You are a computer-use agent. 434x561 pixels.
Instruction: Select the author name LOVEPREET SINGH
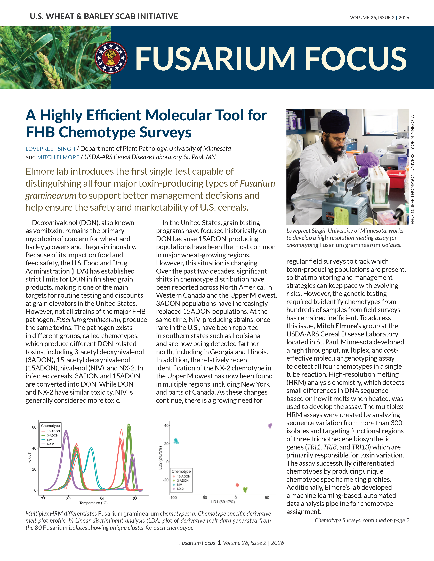tap(50, 149)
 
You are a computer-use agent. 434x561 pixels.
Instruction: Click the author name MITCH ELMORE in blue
tap(58, 157)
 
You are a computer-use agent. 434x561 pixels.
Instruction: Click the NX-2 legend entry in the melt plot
tap(50, 444)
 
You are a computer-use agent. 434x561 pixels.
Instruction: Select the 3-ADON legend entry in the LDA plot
tap(183, 481)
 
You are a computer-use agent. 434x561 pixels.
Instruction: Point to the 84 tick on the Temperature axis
tap(102, 499)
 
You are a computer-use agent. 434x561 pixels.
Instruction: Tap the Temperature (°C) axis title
tap(94, 503)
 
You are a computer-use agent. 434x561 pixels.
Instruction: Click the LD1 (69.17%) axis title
tap(223, 502)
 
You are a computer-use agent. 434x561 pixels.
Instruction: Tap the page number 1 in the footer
tap(219, 542)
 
